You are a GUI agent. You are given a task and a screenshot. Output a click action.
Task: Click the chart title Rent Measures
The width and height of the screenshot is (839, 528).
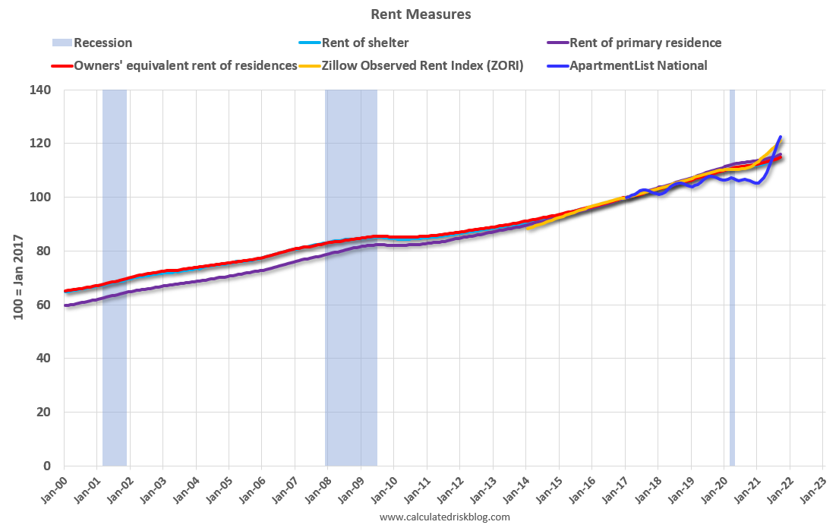(421, 14)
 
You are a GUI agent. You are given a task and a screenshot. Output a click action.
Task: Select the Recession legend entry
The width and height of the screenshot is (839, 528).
(103, 43)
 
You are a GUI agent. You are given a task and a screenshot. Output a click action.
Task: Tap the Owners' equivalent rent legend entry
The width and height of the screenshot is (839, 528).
(185, 65)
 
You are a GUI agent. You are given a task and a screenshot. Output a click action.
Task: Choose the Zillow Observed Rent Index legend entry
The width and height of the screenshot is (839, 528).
(421, 65)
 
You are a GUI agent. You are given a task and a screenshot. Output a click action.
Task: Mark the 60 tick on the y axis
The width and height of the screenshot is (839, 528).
(44, 305)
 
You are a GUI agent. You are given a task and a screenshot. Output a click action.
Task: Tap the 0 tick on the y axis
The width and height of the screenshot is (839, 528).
(47, 466)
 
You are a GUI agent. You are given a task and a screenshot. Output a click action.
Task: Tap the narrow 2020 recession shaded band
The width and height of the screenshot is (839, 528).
(732, 304)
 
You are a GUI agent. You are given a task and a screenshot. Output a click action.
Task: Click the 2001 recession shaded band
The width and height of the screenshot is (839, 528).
(115, 304)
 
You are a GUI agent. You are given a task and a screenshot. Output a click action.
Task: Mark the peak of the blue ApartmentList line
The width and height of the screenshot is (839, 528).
(781, 138)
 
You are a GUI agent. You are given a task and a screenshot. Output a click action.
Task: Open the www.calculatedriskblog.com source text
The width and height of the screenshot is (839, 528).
(444, 517)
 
